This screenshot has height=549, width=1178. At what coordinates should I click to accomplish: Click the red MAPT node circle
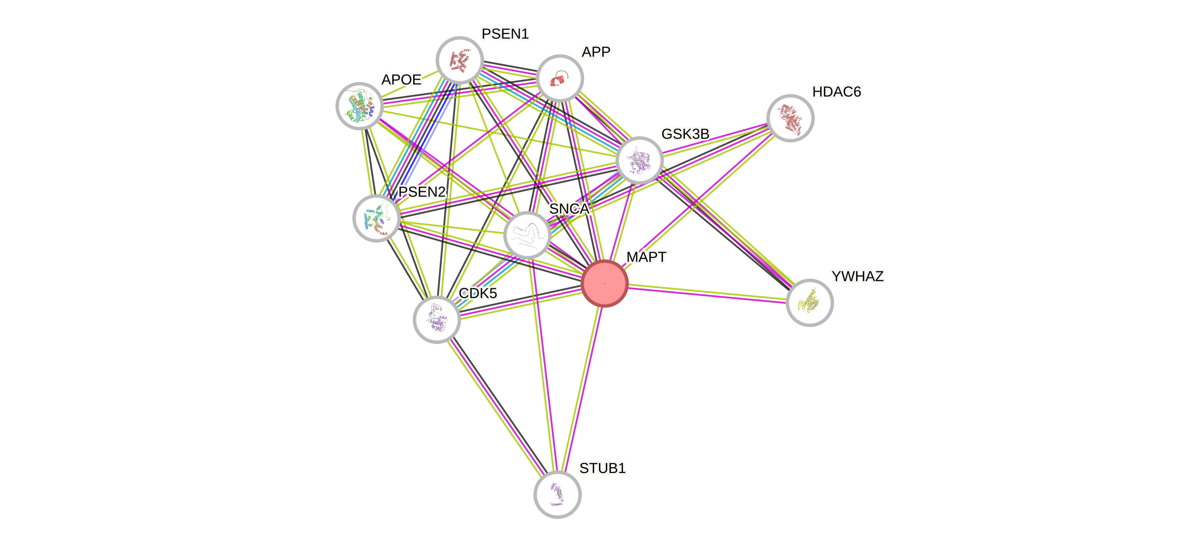[x=604, y=283]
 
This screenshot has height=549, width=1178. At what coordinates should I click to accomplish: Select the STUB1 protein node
[x=557, y=494]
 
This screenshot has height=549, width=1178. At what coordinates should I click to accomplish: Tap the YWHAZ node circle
[x=809, y=302]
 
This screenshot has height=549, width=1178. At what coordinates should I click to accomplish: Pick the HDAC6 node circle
[x=790, y=118]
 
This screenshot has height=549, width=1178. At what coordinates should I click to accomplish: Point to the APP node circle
[x=560, y=78]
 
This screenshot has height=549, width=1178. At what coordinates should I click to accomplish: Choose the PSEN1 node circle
[x=460, y=60]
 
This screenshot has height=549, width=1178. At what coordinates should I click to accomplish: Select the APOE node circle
[x=360, y=106]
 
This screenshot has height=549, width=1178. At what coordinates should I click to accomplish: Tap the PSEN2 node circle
[x=376, y=218]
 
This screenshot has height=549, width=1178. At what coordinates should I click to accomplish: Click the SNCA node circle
[x=527, y=235]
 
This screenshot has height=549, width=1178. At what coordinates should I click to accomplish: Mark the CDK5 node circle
[x=437, y=319]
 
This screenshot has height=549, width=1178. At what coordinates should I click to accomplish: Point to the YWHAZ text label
[x=858, y=276]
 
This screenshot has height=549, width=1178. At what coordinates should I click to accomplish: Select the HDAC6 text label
[x=837, y=92]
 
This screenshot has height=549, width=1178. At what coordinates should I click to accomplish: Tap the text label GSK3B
[x=685, y=134]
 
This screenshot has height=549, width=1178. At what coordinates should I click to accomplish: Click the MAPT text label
[x=646, y=257]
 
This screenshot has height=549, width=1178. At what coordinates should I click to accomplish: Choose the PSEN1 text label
[x=505, y=34]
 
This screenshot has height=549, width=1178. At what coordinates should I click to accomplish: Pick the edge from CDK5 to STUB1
[x=497, y=407]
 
